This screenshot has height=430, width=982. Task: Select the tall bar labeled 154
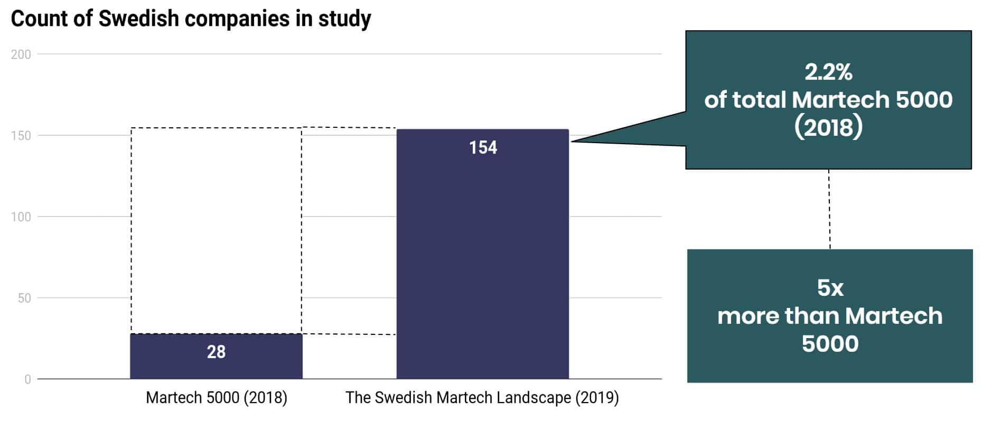click(x=482, y=254)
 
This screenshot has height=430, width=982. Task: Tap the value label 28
click(x=216, y=352)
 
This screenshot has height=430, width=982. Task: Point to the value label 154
click(x=483, y=147)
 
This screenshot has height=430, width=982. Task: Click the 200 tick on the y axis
click(x=21, y=54)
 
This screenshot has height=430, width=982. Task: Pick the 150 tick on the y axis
click(x=21, y=136)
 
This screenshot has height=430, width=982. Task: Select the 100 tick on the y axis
click(x=21, y=217)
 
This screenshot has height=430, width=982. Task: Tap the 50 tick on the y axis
click(x=24, y=298)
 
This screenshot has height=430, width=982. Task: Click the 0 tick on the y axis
click(x=27, y=379)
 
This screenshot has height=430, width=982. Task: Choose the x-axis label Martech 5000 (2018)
click(x=217, y=398)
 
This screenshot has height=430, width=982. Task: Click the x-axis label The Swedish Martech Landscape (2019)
click(x=482, y=398)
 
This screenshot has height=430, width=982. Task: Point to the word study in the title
click(x=344, y=19)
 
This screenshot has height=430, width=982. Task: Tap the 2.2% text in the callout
click(x=828, y=72)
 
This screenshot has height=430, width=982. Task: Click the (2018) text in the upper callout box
click(x=828, y=127)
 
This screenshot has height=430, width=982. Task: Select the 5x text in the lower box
click(x=830, y=288)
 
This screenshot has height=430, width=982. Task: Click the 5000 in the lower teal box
click(x=830, y=344)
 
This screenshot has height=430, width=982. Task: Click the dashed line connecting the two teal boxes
click(x=829, y=209)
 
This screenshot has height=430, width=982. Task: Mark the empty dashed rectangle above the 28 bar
click(x=216, y=230)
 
